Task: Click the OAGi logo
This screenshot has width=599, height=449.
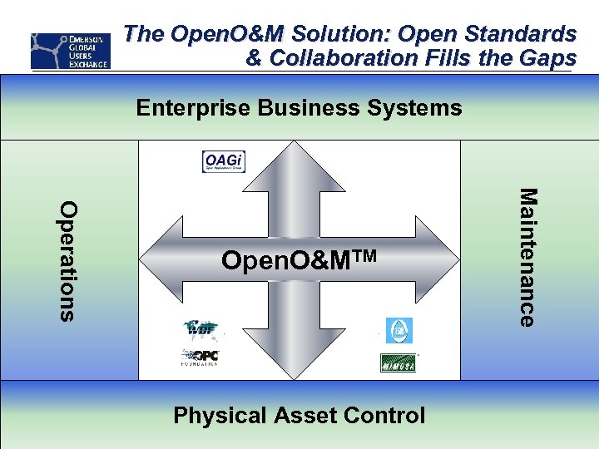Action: click(x=224, y=161)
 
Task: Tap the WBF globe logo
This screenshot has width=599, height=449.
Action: click(x=200, y=330)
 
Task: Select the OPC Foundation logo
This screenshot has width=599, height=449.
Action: click(x=200, y=358)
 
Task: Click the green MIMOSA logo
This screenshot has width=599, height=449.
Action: click(x=398, y=363)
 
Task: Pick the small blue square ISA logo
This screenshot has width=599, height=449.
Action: click(x=398, y=330)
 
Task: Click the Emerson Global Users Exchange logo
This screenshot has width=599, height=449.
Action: click(x=70, y=51)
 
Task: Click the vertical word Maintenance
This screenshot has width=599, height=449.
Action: click(x=527, y=257)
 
